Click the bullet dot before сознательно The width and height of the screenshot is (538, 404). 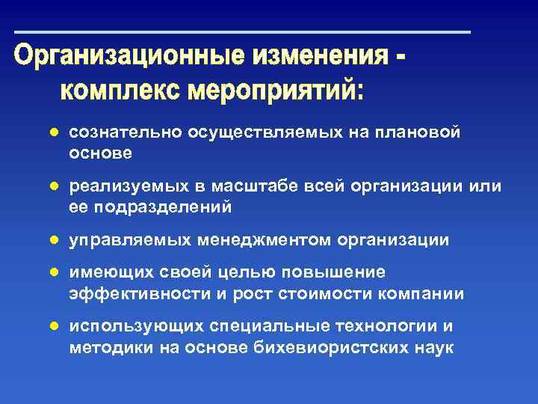coord(54,132)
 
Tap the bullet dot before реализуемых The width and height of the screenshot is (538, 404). coord(54,186)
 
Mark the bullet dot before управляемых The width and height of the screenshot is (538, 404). coord(54,240)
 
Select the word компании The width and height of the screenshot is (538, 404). coord(427,294)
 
